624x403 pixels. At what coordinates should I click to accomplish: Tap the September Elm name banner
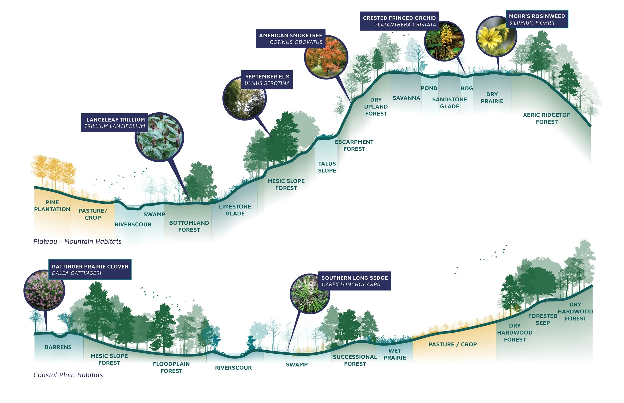tap(267, 80)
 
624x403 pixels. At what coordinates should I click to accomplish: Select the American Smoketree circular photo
tap(326, 58)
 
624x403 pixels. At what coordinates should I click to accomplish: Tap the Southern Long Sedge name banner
tap(354, 281)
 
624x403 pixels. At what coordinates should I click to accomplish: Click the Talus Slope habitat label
tap(327, 167)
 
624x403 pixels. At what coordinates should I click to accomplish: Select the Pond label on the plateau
tap(429, 88)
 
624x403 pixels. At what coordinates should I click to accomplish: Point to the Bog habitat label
tap(467, 88)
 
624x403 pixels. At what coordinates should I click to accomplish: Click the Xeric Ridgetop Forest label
tap(547, 118)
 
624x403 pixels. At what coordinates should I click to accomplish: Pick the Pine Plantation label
tap(52, 206)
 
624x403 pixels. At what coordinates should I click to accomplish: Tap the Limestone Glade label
tap(235, 210)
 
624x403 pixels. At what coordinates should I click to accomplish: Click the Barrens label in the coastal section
tap(58, 347)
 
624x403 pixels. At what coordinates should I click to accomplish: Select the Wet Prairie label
tap(395, 354)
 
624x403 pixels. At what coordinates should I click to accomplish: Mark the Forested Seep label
tap(543, 319)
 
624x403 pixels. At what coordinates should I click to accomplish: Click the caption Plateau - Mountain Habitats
tap(77, 241)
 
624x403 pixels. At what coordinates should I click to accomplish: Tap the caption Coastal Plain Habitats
tap(68, 375)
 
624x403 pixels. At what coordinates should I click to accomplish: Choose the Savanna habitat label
tap(406, 98)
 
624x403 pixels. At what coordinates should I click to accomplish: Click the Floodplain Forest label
tap(171, 367)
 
